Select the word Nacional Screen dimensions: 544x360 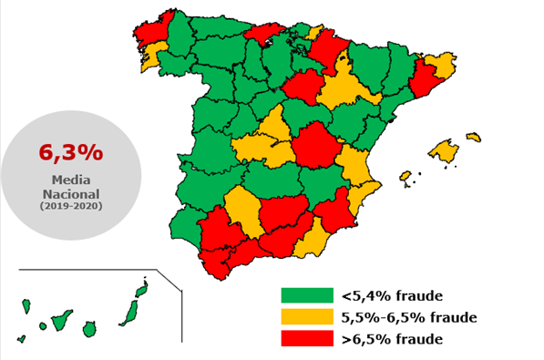click(70, 194)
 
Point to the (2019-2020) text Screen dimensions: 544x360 click(70, 207)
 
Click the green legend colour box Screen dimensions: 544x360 click(307, 295)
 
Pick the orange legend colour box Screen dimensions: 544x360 click(307, 317)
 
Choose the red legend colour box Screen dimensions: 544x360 click(307, 339)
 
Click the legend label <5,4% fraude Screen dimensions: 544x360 click(392, 295)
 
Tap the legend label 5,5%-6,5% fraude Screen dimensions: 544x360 click(409, 317)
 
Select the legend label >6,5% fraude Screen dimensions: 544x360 click(392, 339)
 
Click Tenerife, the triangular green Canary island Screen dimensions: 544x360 click(62, 321)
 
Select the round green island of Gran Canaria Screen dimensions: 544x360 click(89, 328)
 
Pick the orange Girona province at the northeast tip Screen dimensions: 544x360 click(440, 66)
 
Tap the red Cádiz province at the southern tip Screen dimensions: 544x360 click(215, 264)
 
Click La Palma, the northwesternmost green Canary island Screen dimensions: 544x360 click(26, 304)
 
